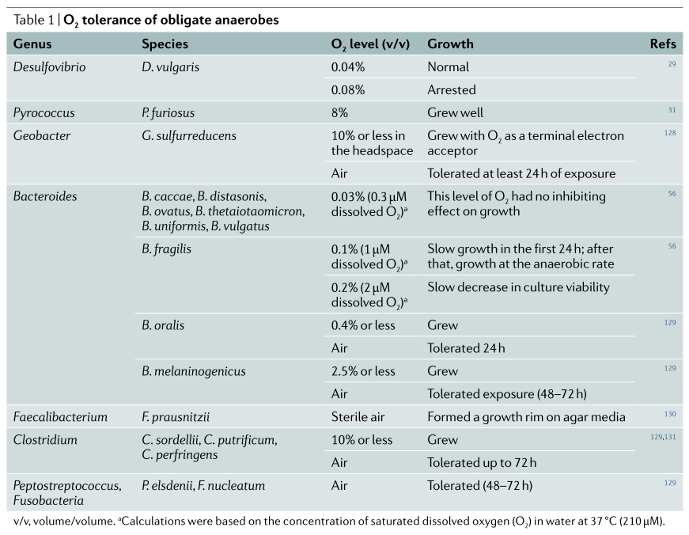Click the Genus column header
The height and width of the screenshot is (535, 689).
coord(32,44)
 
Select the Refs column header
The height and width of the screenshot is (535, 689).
coord(663,44)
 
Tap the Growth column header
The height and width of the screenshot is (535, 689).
coord(450,44)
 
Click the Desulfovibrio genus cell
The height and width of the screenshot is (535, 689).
coord(49,66)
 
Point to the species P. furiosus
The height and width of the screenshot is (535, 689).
coord(168,112)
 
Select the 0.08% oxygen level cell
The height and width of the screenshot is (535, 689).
coord(348,89)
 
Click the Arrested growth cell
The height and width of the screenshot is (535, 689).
coord(452,89)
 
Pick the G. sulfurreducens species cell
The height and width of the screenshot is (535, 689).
coord(189,135)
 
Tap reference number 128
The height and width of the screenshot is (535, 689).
coord(670,133)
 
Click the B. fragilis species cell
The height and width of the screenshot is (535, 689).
coord(167,249)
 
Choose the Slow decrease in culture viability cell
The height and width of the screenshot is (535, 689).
coord(518,287)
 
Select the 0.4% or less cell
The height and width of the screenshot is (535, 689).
coord(363,325)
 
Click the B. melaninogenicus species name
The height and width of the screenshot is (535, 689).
coord(193,371)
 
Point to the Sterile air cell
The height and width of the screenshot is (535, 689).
coord(358,417)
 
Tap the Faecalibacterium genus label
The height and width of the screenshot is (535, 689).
coord(60,417)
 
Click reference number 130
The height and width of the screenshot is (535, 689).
coord(670,414)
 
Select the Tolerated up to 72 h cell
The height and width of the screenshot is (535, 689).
coord(482,462)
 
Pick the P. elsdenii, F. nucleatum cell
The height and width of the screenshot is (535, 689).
coord(203,485)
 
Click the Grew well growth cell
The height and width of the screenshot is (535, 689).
coord(455,112)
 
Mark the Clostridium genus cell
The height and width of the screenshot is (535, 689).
coord(45,439)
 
